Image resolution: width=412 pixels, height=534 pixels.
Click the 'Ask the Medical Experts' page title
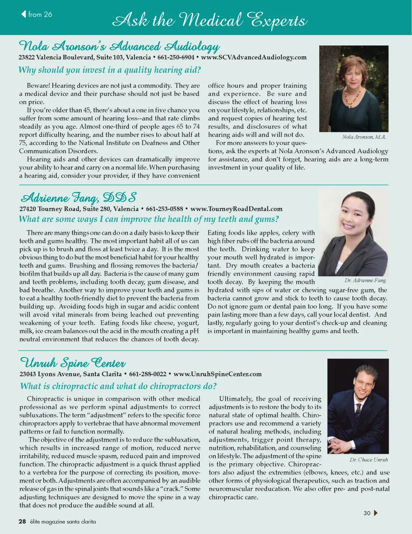click(209, 20)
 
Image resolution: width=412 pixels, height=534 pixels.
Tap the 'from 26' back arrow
click(24, 14)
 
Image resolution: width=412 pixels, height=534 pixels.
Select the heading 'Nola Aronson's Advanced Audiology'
click(119, 46)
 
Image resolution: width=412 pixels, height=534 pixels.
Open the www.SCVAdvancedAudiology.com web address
click(254, 57)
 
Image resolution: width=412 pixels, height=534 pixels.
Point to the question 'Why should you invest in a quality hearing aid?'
click(109, 70)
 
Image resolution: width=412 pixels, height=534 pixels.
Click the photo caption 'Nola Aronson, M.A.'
click(364, 137)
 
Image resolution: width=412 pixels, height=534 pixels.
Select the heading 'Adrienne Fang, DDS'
click(79, 198)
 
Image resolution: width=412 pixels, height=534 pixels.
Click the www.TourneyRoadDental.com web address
click(236, 209)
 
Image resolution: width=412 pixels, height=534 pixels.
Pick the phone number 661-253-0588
click(164, 209)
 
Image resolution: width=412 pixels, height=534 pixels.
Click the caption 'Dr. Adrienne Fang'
click(365, 281)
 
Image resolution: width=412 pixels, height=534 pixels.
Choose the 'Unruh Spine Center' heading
click(73, 363)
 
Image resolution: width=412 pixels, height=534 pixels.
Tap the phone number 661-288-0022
click(148, 374)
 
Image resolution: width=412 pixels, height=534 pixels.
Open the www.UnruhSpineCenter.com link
click(218, 374)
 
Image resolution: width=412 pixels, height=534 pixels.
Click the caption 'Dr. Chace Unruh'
click(368, 460)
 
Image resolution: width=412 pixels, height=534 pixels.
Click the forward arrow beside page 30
click(376, 513)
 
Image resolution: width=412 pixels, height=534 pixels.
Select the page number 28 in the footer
click(22, 522)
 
